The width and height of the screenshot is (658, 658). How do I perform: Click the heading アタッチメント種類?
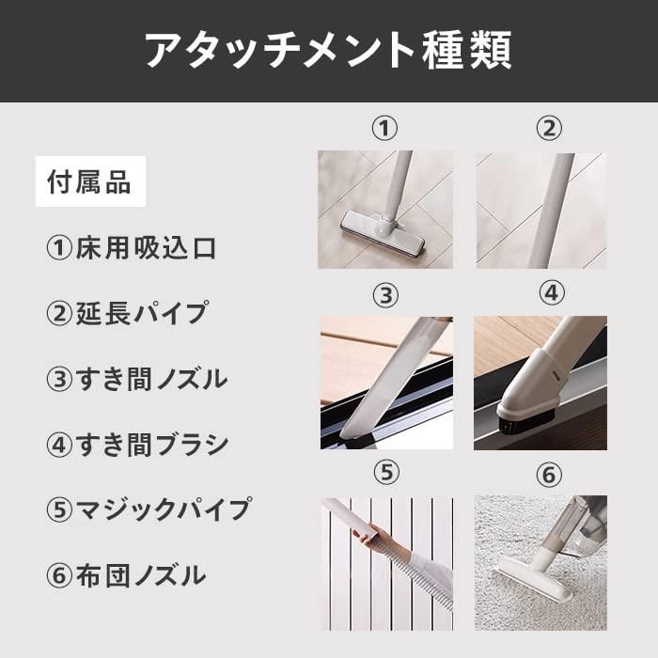pyautogui.click(x=328, y=51)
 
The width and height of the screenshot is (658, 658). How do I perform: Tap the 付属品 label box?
pyautogui.click(x=90, y=181)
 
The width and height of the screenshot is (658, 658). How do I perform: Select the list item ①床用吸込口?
pyautogui.click(x=132, y=248)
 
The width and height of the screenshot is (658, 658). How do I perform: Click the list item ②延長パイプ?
pyautogui.click(x=127, y=313)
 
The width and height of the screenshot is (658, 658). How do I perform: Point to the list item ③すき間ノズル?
pyautogui.click(x=137, y=379)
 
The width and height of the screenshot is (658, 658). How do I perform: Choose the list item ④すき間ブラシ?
pyautogui.click(x=137, y=445)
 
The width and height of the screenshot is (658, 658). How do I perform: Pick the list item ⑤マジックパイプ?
pyautogui.click(x=149, y=509)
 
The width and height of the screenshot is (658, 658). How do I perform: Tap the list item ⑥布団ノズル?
pyautogui.click(x=126, y=575)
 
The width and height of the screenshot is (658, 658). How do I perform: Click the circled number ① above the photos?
pyautogui.click(x=384, y=129)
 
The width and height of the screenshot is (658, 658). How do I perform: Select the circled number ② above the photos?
pyautogui.click(x=549, y=129)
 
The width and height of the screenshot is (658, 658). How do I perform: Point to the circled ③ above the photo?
pyautogui.click(x=385, y=295)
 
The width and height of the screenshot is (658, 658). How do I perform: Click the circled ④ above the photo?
pyautogui.click(x=552, y=292)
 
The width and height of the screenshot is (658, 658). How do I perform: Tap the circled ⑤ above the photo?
pyautogui.click(x=386, y=473)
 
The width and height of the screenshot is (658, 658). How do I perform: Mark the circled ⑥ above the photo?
pyautogui.click(x=549, y=475)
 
